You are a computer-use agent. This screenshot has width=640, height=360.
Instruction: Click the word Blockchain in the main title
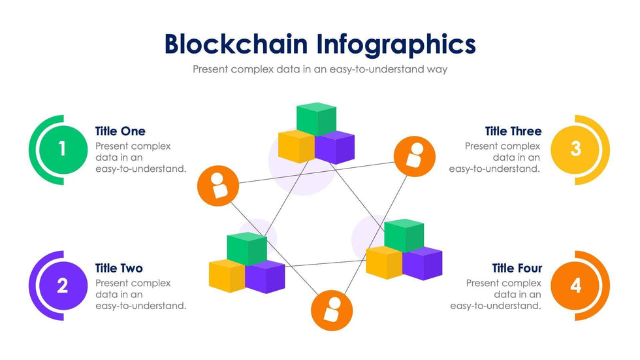[x=236, y=44]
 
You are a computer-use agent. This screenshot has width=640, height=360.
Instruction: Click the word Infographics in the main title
[x=396, y=44]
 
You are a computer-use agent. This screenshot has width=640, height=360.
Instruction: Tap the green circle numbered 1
[x=61, y=149]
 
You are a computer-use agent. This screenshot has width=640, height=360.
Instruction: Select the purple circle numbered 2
[x=61, y=286]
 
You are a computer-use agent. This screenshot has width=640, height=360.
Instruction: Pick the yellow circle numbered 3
[x=575, y=149]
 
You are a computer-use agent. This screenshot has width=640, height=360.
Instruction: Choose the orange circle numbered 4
[x=575, y=286]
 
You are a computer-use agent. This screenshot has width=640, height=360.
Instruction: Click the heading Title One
[x=120, y=131]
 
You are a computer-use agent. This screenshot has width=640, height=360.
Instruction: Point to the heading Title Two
[x=119, y=268]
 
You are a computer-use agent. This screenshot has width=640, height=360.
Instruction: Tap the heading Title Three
[x=513, y=131]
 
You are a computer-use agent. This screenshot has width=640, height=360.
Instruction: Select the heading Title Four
[x=517, y=268]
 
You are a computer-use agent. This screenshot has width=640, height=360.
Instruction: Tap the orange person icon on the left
[x=218, y=186]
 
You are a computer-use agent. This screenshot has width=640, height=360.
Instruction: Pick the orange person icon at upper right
[x=414, y=156]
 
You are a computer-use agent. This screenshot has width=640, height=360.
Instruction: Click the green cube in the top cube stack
[x=316, y=118]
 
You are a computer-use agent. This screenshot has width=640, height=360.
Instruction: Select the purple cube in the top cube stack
[x=334, y=148]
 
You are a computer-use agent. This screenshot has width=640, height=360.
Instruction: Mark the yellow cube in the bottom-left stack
[x=227, y=275]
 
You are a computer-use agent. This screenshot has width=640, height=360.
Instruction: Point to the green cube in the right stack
[x=404, y=234]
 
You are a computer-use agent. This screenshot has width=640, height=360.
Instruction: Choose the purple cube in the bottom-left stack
[x=265, y=276]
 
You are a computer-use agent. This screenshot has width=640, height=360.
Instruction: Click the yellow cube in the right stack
[x=383, y=262]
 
